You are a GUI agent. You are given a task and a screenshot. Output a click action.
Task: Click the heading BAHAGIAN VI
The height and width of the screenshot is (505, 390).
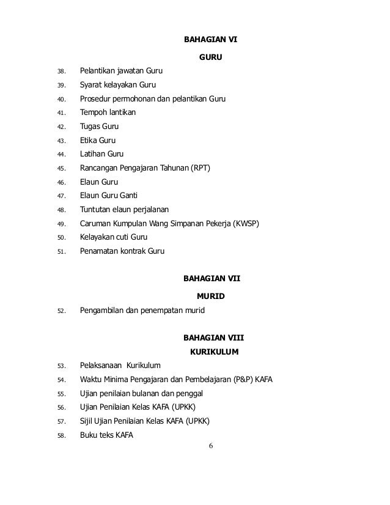click(x=210, y=41)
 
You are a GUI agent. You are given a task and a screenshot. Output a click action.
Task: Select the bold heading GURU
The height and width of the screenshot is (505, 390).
click(x=210, y=59)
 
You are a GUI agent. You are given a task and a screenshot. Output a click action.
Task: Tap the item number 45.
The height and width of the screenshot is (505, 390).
click(x=61, y=168)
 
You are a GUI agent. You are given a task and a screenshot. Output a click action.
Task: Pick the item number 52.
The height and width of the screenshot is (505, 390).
click(x=61, y=311)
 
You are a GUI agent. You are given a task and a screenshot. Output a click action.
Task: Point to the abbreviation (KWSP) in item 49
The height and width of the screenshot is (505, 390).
click(x=246, y=223)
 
